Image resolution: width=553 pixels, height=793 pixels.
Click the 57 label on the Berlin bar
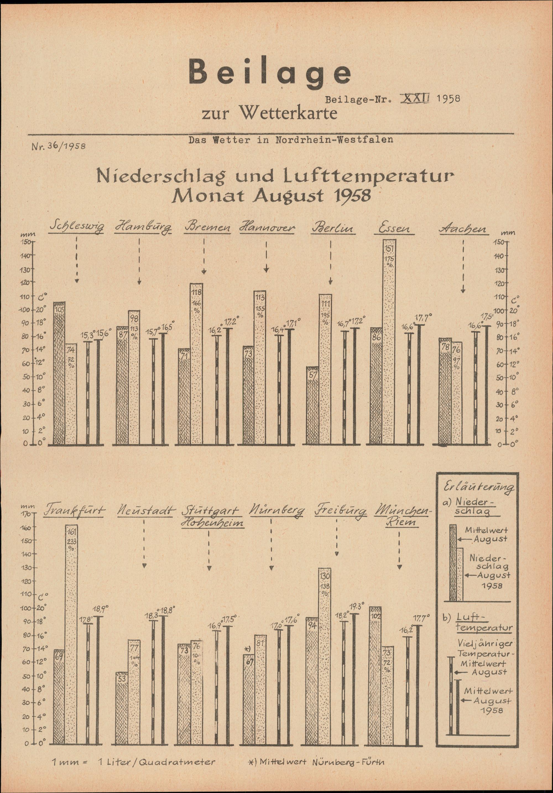point(313,375)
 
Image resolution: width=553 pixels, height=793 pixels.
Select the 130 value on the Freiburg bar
point(325,576)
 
